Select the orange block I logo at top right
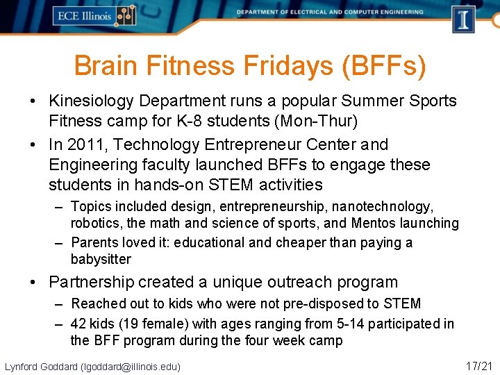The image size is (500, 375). (x=463, y=19)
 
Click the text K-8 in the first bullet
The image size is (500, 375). (x=178, y=122)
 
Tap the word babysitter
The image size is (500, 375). (x=101, y=260)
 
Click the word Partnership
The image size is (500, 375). (x=91, y=283)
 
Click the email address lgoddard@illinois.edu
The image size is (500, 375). (x=131, y=366)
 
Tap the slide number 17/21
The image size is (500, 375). (x=479, y=365)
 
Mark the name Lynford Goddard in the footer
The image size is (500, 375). (x=41, y=366)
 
